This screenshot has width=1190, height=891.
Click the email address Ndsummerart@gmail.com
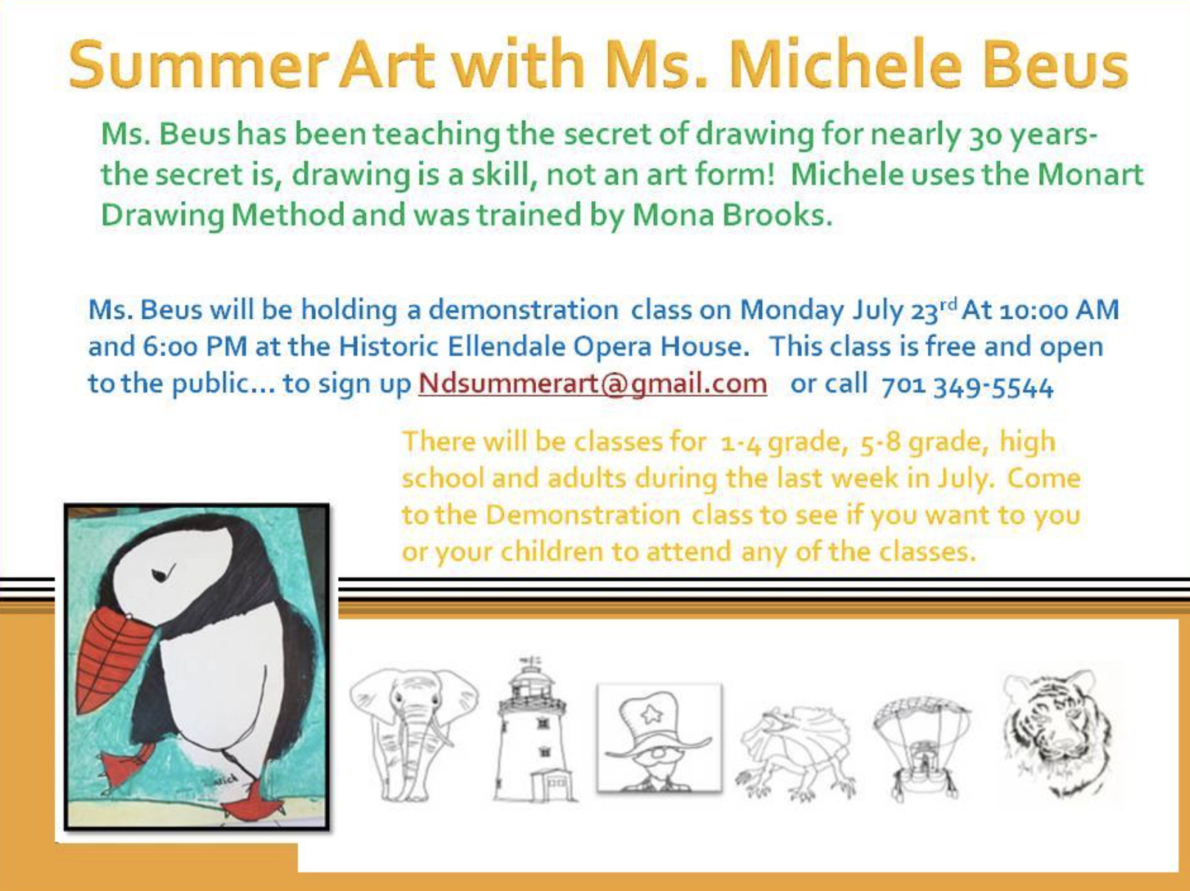[x=593, y=384]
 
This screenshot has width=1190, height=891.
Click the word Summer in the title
[x=199, y=64]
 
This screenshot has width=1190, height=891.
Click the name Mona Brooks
[x=732, y=215]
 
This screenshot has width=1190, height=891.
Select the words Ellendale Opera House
[x=599, y=347]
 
